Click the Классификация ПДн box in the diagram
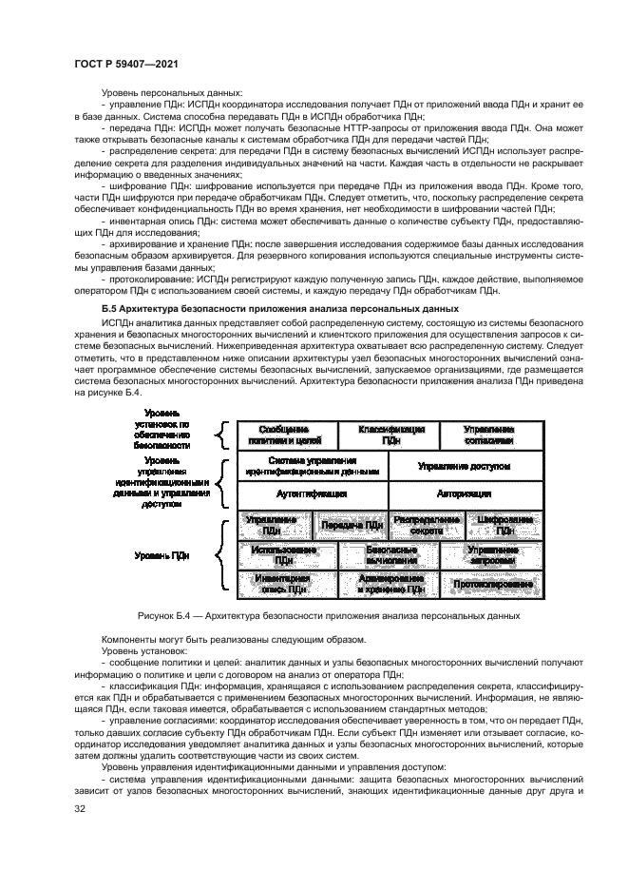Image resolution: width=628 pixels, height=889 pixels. pyautogui.click(x=390, y=435)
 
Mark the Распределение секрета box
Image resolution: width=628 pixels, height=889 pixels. pyautogui.click(x=426, y=525)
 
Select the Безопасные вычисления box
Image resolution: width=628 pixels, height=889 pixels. pyautogui.click(x=390, y=555)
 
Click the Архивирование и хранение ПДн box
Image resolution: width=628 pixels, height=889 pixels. pyautogui.click(x=390, y=584)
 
